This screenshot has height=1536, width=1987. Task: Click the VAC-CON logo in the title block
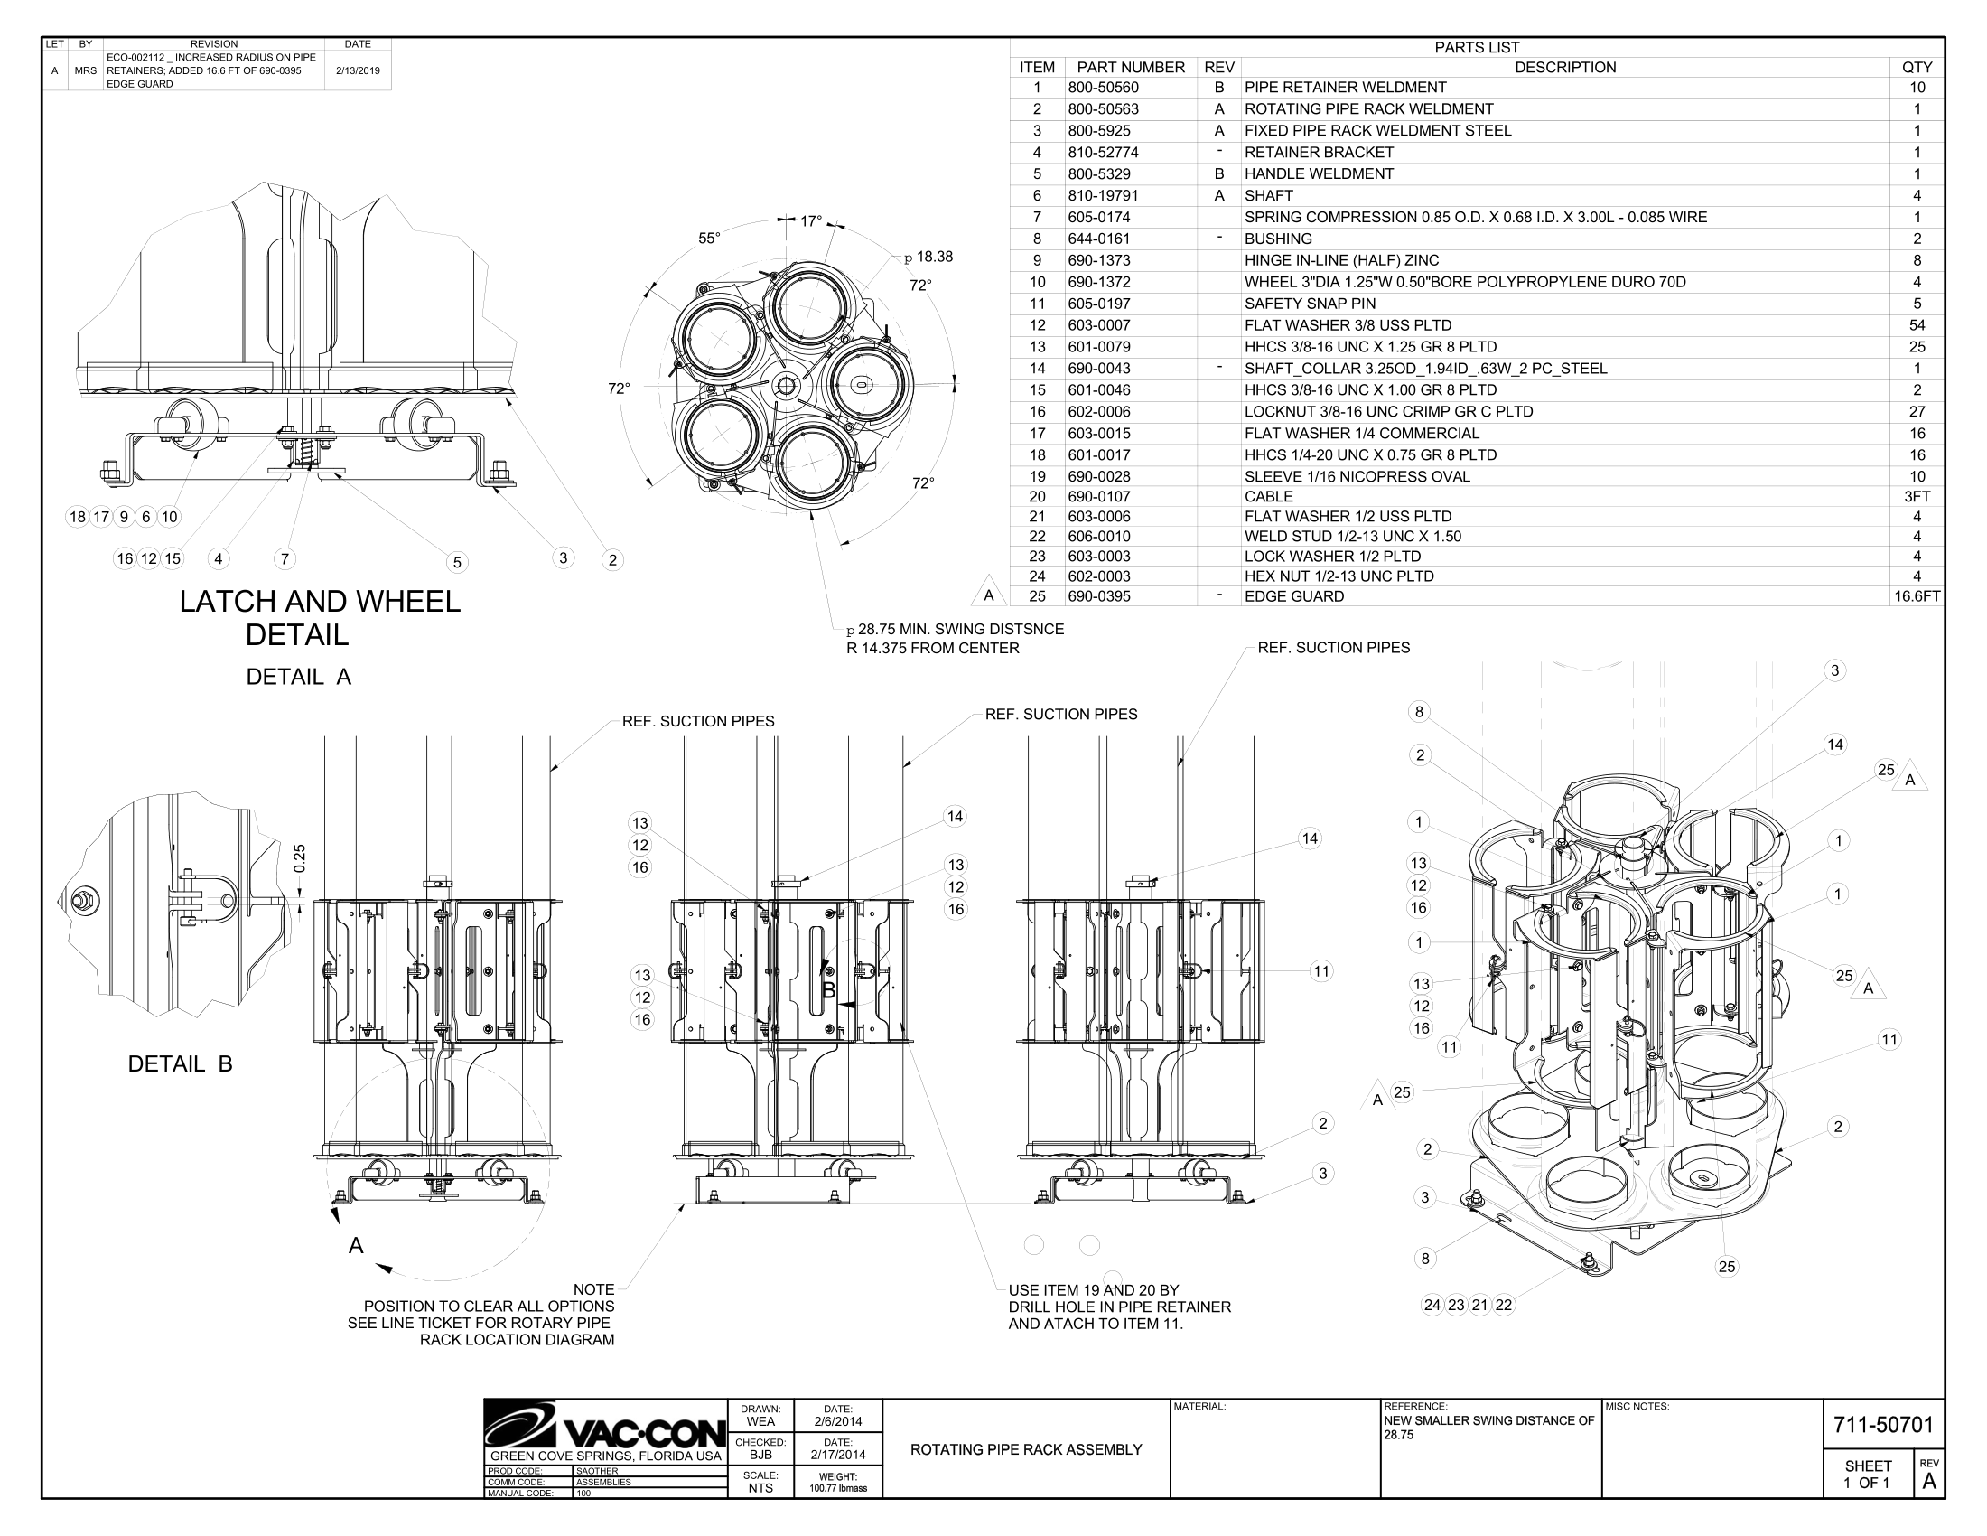pos(605,1427)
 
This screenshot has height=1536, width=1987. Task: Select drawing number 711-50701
pos(1882,1425)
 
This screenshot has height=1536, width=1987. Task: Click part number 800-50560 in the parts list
pos(1103,88)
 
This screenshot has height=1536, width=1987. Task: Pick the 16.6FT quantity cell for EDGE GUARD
pos(1917,596)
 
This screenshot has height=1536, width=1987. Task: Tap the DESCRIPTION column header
pos(1565,68)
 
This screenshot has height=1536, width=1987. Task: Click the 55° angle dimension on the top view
pos(709,239)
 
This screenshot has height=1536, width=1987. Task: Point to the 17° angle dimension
pos(811,221)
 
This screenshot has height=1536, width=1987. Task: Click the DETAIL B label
pos(180,1063)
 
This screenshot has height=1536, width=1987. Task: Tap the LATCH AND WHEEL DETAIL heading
pos(320,618)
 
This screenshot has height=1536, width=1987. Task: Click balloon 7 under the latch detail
pos(285,558)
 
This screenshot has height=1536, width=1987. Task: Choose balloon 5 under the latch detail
pos(458,562)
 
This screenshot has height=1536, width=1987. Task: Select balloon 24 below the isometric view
pos(1432,1305)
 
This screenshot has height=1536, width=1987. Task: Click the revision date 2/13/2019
pos(358,70)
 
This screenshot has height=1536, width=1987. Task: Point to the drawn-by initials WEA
pos(760,1421)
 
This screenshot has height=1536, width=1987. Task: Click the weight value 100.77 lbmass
pos(838,1489)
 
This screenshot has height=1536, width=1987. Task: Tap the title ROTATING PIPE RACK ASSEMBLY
pos(1025,1449)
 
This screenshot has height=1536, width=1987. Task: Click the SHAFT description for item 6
pos(1268,196)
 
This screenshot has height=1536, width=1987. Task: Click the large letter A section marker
pos(356,1246)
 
